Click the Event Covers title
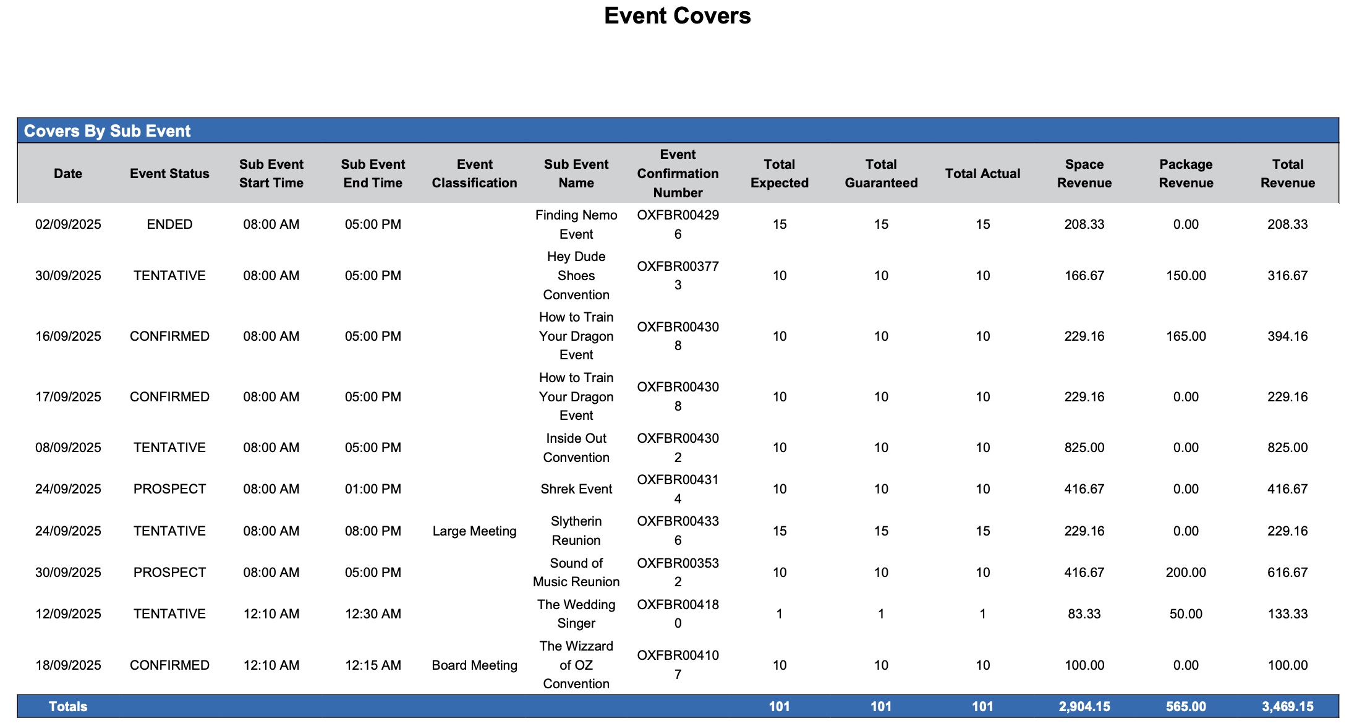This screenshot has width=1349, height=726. [x=677, y=16]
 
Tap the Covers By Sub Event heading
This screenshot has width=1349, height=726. [x=107, y=131]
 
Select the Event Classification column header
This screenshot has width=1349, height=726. [x=474, y=174]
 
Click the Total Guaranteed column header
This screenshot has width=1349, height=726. [x=881, y=174]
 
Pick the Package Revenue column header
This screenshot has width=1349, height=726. [x=1186, y=174]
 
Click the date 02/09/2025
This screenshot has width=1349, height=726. [x=68, y=224]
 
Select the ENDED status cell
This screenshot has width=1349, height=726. [x=169, y=224]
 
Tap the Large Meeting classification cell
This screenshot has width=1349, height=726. [x=474, y=531]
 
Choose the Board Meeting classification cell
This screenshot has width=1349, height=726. [x=474, y=665]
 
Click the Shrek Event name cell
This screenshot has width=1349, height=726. [x=576, y=489]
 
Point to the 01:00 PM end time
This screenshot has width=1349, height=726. [x=373, y=489]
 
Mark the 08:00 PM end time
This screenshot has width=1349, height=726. [x=373, y=531]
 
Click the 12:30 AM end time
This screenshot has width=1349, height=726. [x=373, y=614]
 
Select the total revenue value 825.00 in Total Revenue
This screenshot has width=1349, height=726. [x=1287, y=448]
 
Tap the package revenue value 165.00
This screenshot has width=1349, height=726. [x=1186, y=336]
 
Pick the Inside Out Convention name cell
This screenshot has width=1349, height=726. [x=576, y=448]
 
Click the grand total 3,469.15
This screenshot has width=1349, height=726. [x=1287, y=707]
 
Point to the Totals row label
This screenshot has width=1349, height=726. [x=68, y=707]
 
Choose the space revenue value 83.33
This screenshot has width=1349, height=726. [x=1084, y=614]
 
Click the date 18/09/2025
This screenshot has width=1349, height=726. [x=68, y=665]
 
